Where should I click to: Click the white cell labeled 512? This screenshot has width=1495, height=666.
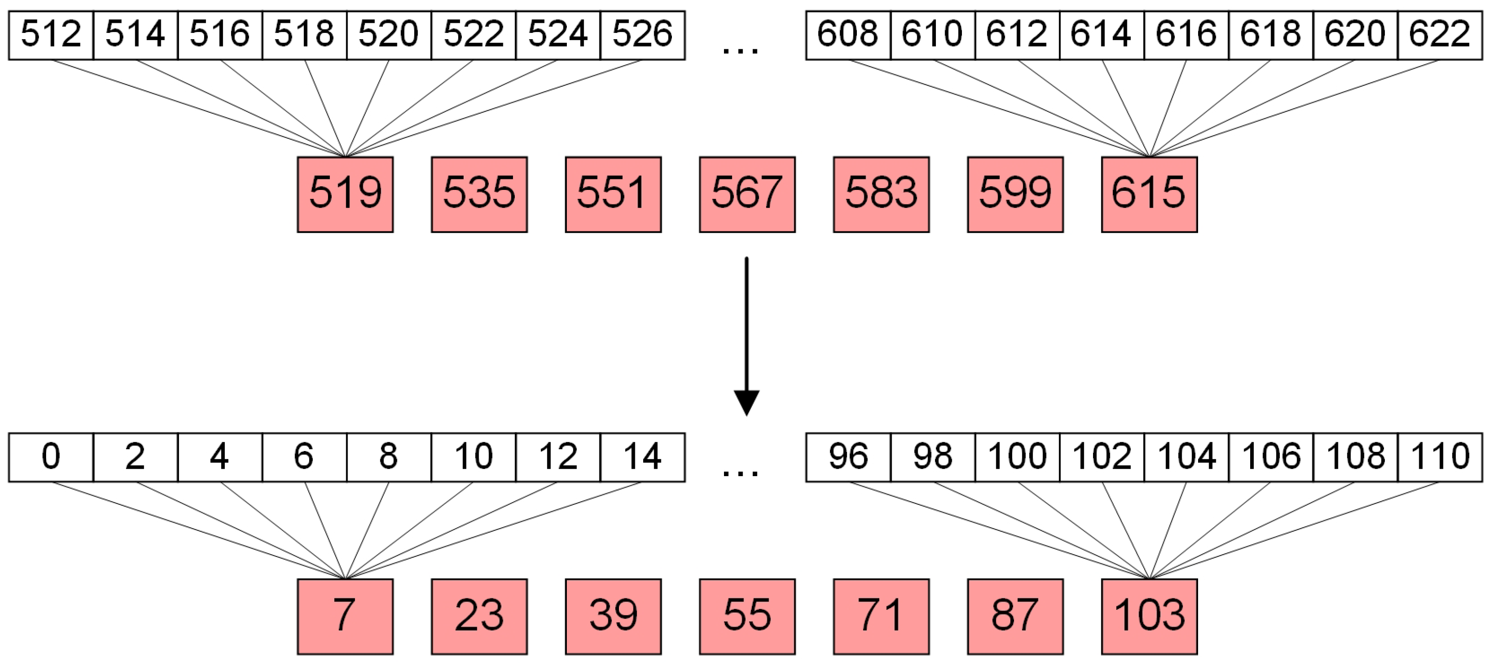point(51,35)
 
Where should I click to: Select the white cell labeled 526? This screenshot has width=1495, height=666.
point(643,35)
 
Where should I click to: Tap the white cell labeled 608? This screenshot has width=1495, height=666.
point(848,35)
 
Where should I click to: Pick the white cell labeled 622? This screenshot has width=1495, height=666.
point(1440,35)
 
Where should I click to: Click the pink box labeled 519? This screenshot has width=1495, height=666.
point(345,194)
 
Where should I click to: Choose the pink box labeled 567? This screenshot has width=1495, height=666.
point(747,194)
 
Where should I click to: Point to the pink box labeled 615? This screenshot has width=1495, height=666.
point(1149,194)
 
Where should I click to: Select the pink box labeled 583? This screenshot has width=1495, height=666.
point(881,194)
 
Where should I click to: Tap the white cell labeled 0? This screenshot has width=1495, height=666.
point(51,457)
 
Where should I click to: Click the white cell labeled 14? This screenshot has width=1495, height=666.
point(643,457)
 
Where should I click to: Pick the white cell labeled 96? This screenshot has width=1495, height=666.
point(848,457)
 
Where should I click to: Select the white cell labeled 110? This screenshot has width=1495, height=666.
point(1440,457)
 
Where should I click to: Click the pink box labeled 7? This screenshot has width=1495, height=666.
point(345,616)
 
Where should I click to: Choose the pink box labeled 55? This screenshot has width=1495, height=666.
point(747,616)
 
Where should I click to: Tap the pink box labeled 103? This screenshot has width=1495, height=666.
point(1149,616)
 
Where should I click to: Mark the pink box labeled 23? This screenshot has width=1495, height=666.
point(479,616)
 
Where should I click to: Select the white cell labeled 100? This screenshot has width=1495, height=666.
point(1017,457)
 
